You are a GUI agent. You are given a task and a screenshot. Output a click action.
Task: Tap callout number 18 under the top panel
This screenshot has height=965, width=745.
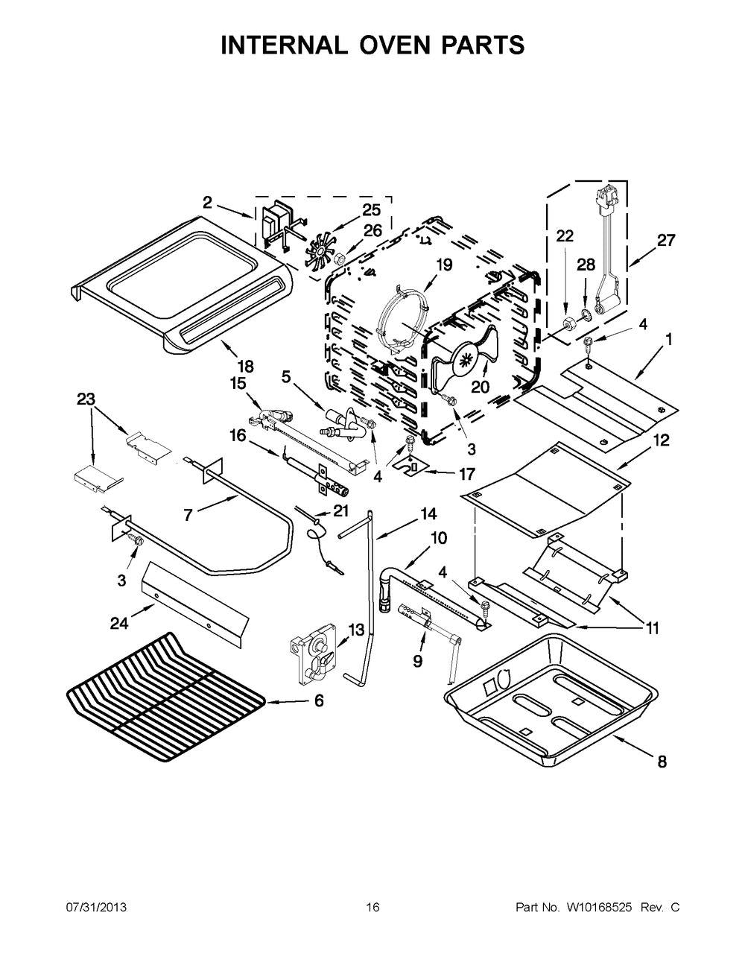point(245,366)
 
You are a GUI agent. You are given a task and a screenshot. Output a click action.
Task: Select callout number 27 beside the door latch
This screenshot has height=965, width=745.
point(666,240)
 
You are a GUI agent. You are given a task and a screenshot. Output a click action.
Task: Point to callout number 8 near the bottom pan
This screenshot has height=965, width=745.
point(661,762)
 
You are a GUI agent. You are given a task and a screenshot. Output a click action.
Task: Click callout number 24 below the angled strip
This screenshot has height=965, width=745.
point(120,624)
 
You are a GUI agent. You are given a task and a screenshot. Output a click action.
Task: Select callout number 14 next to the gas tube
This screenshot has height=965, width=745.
point(428,513)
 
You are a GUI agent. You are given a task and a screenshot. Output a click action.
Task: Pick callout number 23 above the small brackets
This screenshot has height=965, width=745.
point(86,399)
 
